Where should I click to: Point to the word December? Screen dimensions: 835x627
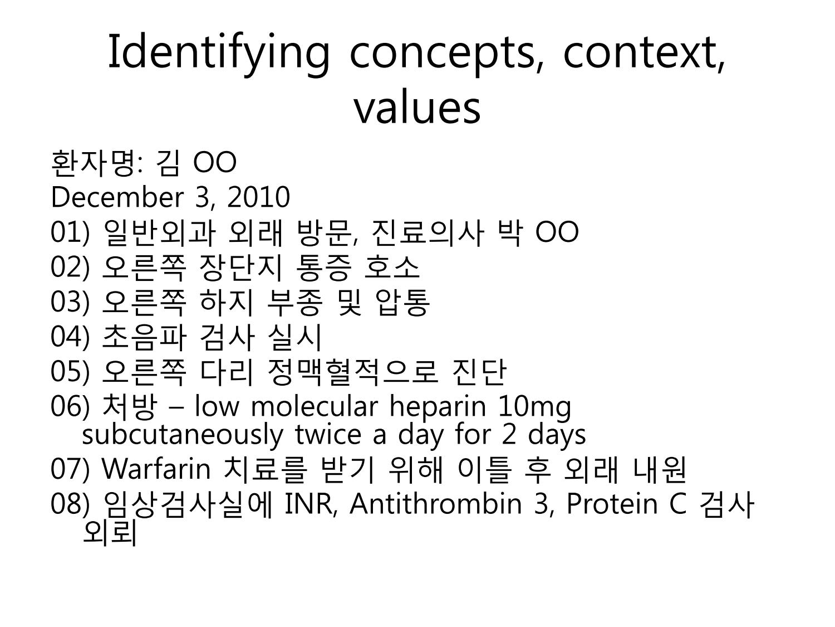point(117,197)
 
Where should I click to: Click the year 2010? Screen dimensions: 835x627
point(259,197)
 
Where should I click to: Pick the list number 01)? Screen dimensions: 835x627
point(70,232)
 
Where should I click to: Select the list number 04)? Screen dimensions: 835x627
point(70,337)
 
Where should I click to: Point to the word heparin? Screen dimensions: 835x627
point(438,407)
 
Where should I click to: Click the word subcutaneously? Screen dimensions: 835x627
point(183,435)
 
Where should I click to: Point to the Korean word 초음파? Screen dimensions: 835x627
point(145,337)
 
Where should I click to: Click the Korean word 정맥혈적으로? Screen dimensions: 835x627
point(352,372)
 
